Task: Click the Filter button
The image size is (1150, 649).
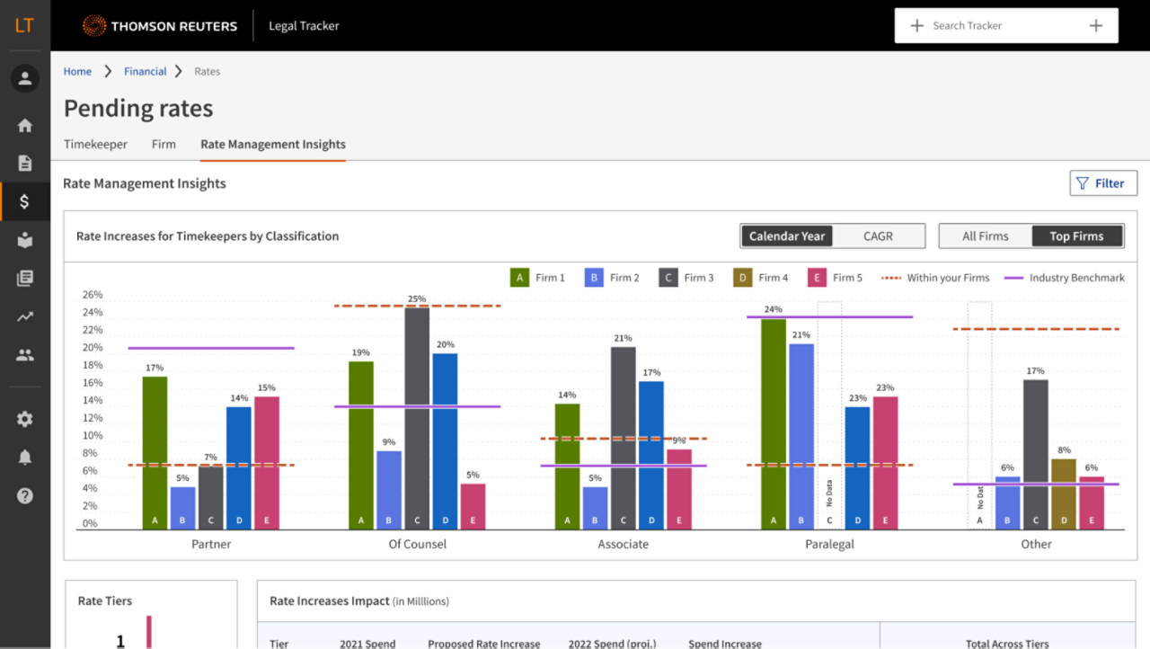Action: click(1103, 183)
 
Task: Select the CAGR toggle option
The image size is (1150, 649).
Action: click(878, 236)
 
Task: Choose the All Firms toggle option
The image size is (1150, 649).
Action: click(985, 236)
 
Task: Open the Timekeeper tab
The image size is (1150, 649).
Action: click(95, 144)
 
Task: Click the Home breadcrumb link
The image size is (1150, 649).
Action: click(77, 71)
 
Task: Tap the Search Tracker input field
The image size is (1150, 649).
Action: click(1005, 26)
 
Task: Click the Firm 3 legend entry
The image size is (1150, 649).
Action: click(686, 278)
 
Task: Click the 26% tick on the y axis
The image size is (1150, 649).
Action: click(92, 295)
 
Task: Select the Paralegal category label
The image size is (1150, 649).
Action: click(829, 544)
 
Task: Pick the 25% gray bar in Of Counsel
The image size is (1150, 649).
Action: click(417, 418)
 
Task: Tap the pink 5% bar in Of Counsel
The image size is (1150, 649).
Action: click(473, 506)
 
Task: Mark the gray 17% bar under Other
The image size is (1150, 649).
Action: click(1035, 454)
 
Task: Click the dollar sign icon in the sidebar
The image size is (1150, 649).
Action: click(24, 201)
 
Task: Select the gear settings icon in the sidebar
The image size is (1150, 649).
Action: click(24, 419)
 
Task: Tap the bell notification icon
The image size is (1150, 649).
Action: click(24, 458)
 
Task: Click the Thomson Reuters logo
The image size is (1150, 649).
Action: click(160, 26)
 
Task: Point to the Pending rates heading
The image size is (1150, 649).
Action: click(138, 109)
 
